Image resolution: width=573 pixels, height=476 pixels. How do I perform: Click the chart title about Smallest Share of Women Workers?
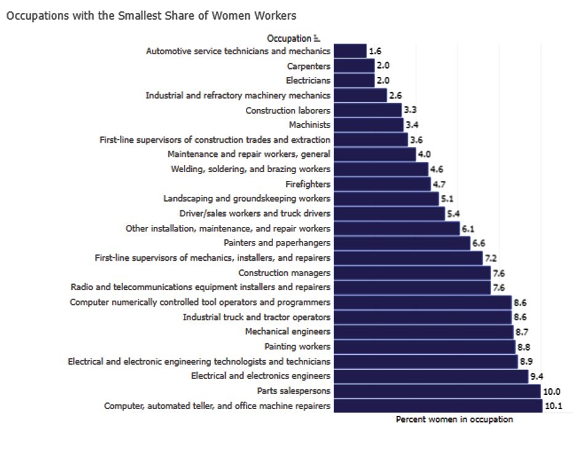click(x=151, y=15)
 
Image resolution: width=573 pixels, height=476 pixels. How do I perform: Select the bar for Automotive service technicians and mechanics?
click(x=350, y=51)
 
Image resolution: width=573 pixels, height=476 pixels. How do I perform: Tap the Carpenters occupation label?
click(x=309, y=66)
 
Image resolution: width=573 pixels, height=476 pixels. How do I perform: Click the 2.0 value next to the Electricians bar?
click(x=383, y=81)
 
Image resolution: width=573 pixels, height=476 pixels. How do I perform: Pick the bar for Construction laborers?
click(x=368, y=110)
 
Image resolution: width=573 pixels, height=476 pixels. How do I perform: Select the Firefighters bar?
click(x=382, y=184)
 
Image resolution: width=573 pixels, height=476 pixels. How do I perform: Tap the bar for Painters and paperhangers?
click(x=402, y=243)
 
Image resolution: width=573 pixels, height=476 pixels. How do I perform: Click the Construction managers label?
click(x=284, y=272)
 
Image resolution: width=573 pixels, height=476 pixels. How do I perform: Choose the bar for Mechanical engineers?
click(x=424, y=331)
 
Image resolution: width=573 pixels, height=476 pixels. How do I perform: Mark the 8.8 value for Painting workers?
click(x=524, y=346)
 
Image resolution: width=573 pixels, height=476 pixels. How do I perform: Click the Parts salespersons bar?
click(x=437, y=391)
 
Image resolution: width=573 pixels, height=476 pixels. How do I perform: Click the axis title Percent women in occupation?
click(x=454, y=419)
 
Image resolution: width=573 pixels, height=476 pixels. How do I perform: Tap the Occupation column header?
click(x=289, y=39)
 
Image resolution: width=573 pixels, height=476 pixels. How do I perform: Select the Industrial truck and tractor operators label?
click(x=256, y=317)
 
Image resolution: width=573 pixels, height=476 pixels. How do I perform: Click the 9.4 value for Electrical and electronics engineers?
click(x=536, y=376)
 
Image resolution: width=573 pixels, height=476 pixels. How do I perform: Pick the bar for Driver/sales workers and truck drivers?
click(x=389, y=213)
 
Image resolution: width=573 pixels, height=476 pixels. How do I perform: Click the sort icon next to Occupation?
click(x=317, y=39)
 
